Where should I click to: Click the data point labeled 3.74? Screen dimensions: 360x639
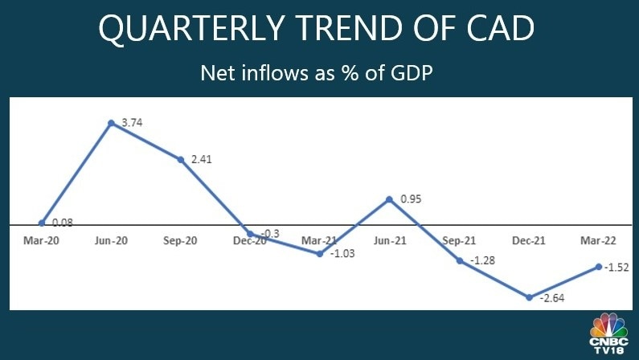click(x=111, y=123)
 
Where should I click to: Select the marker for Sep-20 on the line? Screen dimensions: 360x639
click(x=181, y=159)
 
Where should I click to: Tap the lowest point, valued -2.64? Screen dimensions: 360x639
click(x=529, y=297)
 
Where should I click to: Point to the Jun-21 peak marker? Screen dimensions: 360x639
click(x=390, y=198)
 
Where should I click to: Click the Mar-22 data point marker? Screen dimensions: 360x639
click(x=599, y=267)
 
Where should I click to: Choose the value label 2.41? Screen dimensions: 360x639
click(x=202, y=160)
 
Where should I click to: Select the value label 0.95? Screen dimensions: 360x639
click(x=410, y=198)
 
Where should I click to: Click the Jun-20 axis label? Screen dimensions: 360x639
click(x=109, y=240)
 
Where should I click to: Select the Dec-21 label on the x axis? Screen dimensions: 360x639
click(x=527, y=240)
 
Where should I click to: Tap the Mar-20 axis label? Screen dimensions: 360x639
click(x=39, y=240)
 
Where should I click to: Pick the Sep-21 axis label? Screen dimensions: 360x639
click(x=458, y=240)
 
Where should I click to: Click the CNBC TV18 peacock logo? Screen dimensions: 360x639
click(x=609, y=333)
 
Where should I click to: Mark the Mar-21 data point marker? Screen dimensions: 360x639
click(x=320, y=254)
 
